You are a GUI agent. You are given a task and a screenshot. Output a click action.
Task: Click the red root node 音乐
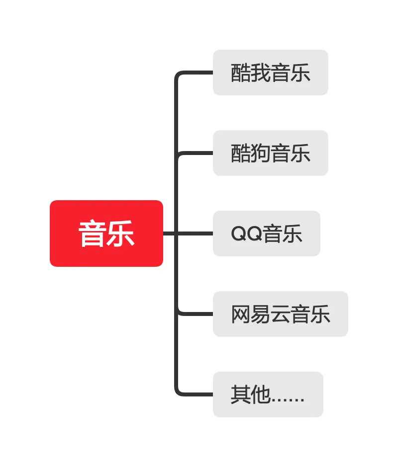click(x=106, y=233)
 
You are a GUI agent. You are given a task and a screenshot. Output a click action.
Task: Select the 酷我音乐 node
click(x=270, y=73)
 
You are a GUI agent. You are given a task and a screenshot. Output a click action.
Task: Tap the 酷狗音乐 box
click(x=270, y=153)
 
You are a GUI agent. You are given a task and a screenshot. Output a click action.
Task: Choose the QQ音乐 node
click(x=266, y=233)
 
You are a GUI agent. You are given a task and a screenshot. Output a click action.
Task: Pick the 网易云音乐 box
click(x=280, y=314)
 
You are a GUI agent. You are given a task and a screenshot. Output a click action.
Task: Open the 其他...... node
click(x=268, y=394)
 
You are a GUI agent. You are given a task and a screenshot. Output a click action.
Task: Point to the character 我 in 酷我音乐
click(x=261, y=73)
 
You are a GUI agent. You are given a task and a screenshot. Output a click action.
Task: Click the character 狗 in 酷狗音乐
click(x=261, y=153)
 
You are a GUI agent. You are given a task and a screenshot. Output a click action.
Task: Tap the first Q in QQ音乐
click(x=239, y=234)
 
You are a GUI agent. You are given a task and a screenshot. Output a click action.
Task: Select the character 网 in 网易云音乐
click(x=241, y=314)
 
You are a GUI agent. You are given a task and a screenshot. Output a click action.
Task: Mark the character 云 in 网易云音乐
click(x=281, y=314)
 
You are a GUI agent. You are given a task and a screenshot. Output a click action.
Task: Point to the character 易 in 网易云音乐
click(x=261, y=314)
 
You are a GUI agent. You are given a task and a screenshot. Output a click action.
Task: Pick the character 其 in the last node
click(x=241, y=394)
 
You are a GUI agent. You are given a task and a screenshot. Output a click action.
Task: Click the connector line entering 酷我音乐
click(x=197, y=73)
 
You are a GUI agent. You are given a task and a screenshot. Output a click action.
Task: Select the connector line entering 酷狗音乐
click(x=197, y=153)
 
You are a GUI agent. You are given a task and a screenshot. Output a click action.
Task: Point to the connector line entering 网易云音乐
click(x=197, y=314)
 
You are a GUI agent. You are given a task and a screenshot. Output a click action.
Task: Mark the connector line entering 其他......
click(x=197, y=394)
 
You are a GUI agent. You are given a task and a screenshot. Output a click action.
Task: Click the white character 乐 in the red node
click(x=121, y=233)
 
